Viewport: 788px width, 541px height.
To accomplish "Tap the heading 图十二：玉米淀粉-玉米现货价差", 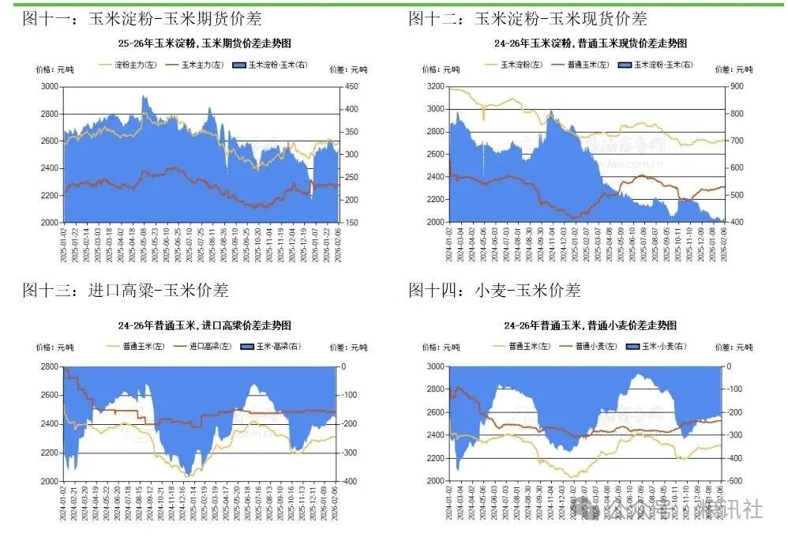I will click(x=527, y=18).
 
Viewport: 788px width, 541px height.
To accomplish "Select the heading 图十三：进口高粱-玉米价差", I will click(x=126, y=291).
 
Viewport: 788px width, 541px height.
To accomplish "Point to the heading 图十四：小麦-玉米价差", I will click(x=494, y=291).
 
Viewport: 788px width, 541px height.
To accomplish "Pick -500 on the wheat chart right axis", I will click(x=734, y=481).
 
